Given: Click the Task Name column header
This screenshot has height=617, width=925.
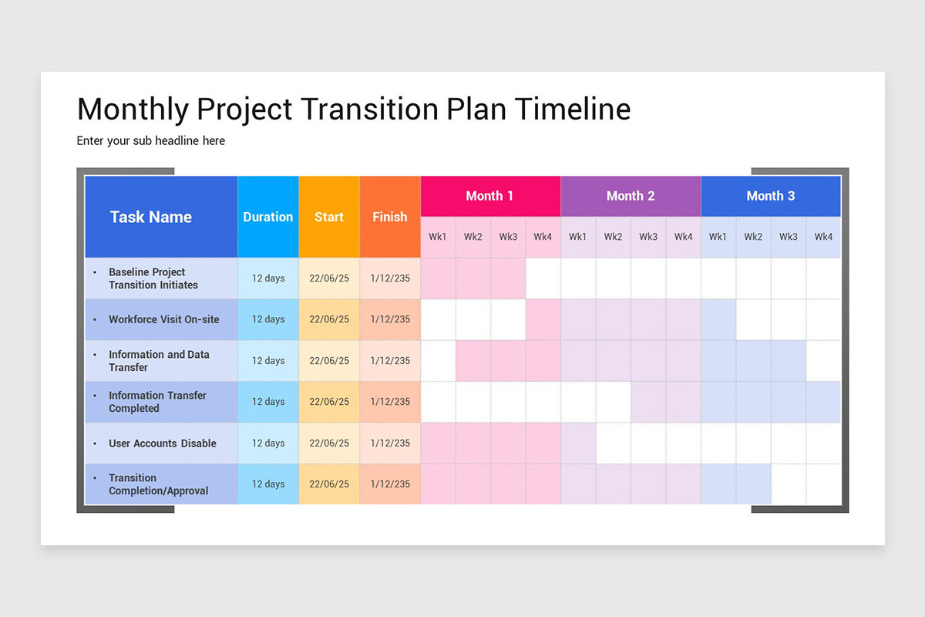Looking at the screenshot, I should point(151,217).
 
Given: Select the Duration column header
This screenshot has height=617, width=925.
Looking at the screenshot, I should point(267,217).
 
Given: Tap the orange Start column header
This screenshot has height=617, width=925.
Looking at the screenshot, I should point(329,217).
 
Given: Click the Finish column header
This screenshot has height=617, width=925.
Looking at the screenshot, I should point(390,217).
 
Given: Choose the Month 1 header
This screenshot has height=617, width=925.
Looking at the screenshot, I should point(489,196).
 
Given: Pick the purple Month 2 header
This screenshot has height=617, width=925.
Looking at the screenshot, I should point(631,196).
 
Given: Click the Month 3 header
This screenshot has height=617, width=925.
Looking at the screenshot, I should point(770,196).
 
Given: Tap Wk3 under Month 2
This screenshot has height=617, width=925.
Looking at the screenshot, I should point(648,237).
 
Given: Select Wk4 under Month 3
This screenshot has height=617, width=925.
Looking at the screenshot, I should point(823,237).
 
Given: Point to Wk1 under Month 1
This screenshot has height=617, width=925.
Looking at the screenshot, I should point(438,237).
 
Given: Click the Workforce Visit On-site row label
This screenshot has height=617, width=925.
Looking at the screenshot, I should point(163,319).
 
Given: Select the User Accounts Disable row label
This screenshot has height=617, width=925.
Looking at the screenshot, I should point(162,443).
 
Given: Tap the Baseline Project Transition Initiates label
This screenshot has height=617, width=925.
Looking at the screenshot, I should point(153,278).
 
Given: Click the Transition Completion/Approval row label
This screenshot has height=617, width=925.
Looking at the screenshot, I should point(158,484).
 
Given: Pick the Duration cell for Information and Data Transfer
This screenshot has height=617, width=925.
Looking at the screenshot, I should point(268,361).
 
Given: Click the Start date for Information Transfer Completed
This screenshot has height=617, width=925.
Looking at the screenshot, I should point(329,402).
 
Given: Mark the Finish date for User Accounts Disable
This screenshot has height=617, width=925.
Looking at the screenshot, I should point(390,443).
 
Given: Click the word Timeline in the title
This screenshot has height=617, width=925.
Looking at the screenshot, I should point(572,110).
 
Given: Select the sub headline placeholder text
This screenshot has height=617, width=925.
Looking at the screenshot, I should point(151,141).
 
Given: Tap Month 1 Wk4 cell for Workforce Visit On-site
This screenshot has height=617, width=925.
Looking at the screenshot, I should point(543,319).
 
